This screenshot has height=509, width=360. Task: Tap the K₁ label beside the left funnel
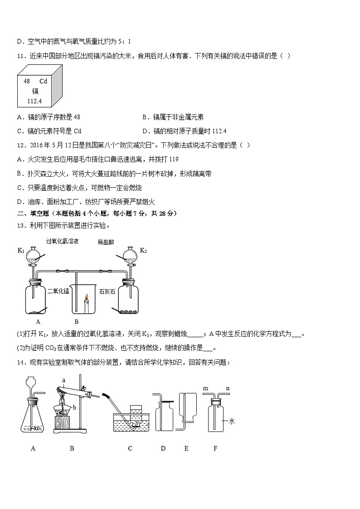coord(20,250)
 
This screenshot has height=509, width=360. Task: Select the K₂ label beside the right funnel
coord(143,250)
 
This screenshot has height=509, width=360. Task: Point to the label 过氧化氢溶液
coord(62,242)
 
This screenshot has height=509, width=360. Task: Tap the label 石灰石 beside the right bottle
coord(107,291)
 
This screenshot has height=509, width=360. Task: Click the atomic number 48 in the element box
coord(26,81)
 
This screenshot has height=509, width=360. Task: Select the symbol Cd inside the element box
coord(44,81)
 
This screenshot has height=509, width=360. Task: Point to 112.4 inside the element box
coord(34,101)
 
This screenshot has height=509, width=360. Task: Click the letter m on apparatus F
coord(205,388)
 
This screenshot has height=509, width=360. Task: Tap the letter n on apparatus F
coord(228,388)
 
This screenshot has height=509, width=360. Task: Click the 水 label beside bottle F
coord(232,421)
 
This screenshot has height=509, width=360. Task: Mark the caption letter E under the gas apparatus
coord(186,448)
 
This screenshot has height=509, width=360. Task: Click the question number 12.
coord(21,145)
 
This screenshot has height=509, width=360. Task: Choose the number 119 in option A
coord(173,159)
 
